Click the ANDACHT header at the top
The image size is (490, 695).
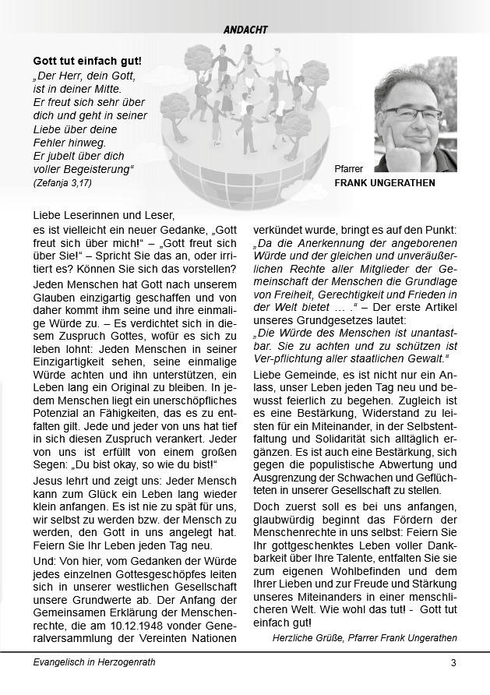coord(245,30)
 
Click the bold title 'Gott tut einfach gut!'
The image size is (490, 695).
coord(87,61)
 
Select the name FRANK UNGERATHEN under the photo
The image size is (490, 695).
coord(385,183)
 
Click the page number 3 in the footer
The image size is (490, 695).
coord(453,663)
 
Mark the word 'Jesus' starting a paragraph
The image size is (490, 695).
coord(48,481)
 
